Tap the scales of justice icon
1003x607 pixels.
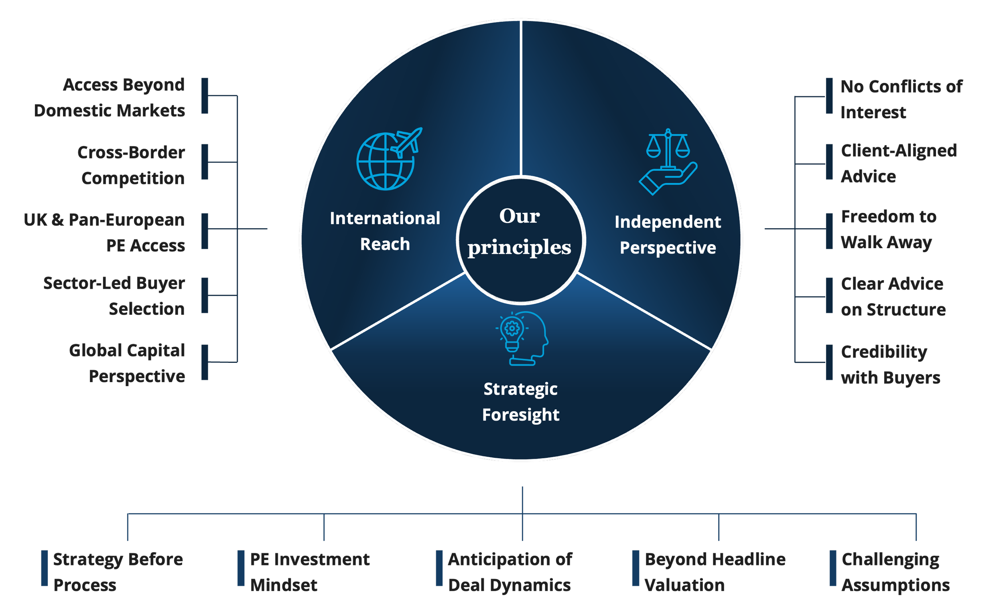pyautogui.click(x=668, y=162)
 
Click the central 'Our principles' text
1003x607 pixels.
pyautogui.click(x=520, y=231)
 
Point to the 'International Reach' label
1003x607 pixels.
pyautogui.click(x=385, y=231)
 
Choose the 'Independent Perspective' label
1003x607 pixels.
pyautogui.click(x=668, y=235)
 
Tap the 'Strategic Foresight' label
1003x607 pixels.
pyautogui.click(x=521, y=402)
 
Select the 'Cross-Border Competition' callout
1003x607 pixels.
pyautogui.click(x=132, y=166)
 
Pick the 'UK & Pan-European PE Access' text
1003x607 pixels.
pyautogui.click(x=105, y=233)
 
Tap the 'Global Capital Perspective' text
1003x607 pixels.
pyautogui.click(x=128, y=363)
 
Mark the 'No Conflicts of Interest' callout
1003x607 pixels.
pyautogui.click(x=901, y=99)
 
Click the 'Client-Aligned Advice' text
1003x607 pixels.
pyautogui.click(x=898, y=164)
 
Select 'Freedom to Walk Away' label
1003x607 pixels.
pyautogui.click(x=888, y=229)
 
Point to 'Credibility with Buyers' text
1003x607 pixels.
pyautogui.click(x=890, y=365)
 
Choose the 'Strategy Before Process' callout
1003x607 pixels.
pyautogui.click(x=118, y=572)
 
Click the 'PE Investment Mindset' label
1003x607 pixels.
pyautogui.click(x=310, y=572)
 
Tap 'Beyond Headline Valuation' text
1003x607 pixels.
pyautogui.click(x=715, y=572)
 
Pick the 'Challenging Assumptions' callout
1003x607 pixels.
pyautogui.click(x=895, y=572)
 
